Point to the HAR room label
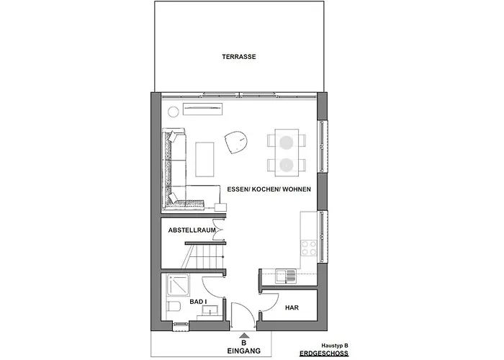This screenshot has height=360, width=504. (292, 307)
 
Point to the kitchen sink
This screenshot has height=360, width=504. (282, 274)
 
